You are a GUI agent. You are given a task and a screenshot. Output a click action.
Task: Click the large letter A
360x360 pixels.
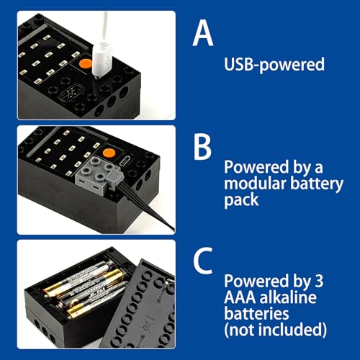coord(203,33)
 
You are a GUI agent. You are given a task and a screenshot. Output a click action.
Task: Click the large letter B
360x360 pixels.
coord(203,146)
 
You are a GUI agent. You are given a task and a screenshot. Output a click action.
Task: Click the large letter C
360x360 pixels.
coord(203,261)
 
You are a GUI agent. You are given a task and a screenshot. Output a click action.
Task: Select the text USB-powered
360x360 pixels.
coord(274,64)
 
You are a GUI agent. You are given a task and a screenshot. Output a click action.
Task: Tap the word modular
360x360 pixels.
coord(255,184)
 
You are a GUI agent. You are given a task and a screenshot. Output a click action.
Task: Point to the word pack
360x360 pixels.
coord(241,200)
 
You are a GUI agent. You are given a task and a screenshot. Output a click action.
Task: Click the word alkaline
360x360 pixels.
coord(288,297)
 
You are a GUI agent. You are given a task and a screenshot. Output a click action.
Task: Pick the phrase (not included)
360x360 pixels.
coord(276,330)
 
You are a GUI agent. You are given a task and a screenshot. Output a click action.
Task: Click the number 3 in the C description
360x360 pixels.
coord(319,281)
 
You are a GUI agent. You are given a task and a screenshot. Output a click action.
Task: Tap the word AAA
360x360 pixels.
coord(240,297)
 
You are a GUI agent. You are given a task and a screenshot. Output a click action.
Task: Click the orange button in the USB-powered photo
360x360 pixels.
coord(86,63)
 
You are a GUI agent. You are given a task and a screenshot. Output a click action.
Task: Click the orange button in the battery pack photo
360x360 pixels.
coord(109,153)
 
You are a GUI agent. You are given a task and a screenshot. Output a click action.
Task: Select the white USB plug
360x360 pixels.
coord(102,59)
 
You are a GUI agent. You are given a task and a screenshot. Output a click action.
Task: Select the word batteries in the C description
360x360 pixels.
coord(256,313)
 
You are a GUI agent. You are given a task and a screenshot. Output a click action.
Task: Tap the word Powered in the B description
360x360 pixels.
coord(256,167)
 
